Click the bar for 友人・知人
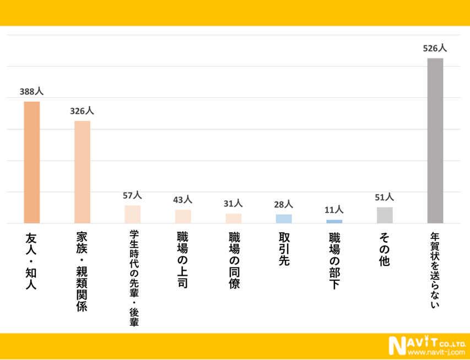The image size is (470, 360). coord(31,162)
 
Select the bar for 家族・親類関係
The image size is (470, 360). coord(82,172)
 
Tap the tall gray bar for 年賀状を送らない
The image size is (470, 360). coord(435,140)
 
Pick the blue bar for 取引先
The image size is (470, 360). coord(284,219)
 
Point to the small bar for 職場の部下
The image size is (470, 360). coord(334,221)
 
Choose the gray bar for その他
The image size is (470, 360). coord(385,215)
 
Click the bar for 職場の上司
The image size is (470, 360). coord(183,216)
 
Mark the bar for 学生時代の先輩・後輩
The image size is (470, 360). coord(133,214)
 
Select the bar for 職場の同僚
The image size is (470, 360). coord(234,218)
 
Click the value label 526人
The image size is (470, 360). coord(435,48)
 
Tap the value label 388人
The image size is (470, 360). coord(31,91)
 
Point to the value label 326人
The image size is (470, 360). coord(82,111)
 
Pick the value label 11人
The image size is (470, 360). coord(334,210)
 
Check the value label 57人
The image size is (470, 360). coord(133,195)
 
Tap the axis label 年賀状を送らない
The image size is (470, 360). coord(435,270)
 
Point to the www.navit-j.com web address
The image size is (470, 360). coord(438,352)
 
